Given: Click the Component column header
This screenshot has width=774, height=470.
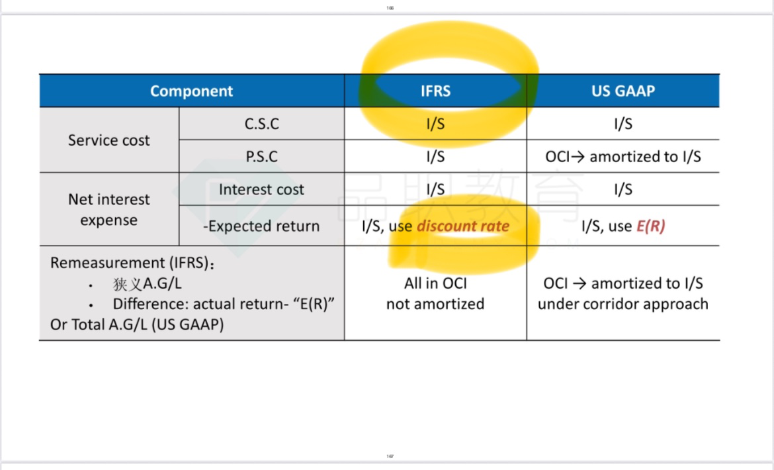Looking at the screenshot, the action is pos(192,91).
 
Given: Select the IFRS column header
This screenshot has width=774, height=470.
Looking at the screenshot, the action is pos(435,91).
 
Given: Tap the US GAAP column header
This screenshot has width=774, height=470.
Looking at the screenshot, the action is pos(623,91).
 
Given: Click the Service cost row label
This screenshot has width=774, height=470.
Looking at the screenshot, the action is pos(108,140).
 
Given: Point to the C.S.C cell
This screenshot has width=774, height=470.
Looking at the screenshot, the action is pos(261,123).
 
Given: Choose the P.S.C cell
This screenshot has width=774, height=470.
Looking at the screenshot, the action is pos(261,156).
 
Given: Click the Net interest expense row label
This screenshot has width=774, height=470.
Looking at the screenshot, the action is pos(108,209).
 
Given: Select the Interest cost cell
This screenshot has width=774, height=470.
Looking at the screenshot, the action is pos(261,189).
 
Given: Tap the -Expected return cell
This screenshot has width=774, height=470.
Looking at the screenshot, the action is pos(261,226).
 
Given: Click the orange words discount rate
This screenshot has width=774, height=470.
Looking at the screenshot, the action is pos(463,226).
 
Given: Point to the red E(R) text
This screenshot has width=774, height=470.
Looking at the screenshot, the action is pos(651,226).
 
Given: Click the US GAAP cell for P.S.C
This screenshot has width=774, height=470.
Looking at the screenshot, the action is pos(623,156).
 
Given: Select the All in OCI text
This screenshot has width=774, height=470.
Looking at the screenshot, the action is pos(435,283).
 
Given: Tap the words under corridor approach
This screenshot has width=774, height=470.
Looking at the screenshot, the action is pos(623,304).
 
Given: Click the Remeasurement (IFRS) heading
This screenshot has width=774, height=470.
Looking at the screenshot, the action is pos(132,263).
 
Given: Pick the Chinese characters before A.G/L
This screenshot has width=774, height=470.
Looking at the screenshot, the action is pos(128,285).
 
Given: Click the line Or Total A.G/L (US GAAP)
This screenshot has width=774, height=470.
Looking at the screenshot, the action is pos(137,325).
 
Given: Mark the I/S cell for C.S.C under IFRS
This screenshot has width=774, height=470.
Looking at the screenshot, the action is pos(435,123).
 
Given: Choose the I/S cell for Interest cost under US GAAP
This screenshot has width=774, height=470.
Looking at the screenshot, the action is pos(623,189).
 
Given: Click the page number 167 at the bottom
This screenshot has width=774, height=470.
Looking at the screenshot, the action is pos(390,457).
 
